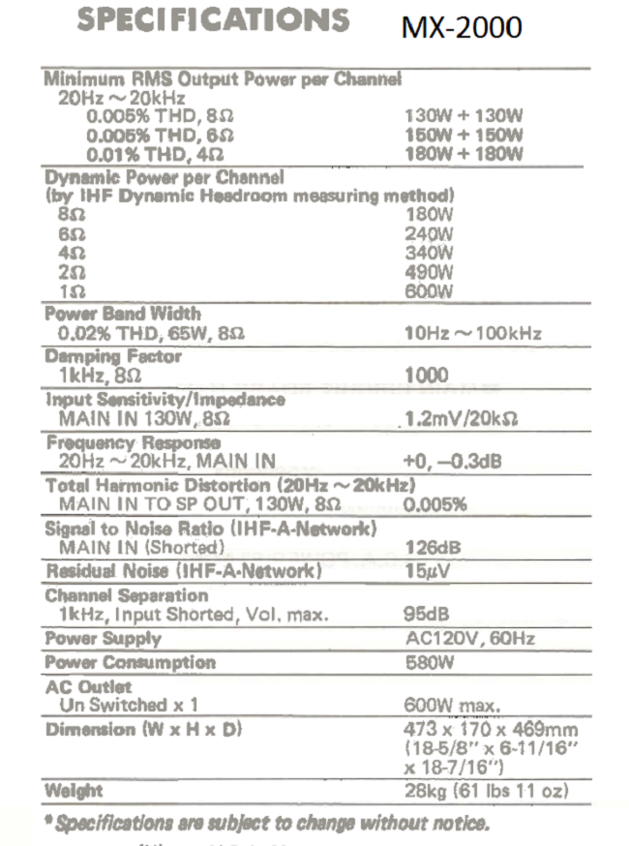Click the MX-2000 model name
point(461,27)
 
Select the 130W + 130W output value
point(464,115)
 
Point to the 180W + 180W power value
point(464,154)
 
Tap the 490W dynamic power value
point(428,272)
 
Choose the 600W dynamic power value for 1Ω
point(428,291)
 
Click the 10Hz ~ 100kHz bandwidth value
point(472,334)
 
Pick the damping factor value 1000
point(426,376)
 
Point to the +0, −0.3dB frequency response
point(452,462)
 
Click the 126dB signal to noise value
point(432,548)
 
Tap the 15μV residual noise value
point(426,571)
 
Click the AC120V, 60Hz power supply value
point(469,639)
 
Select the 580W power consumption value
point(429,663)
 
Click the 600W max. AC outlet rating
point(452,706)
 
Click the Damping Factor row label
point(113,356)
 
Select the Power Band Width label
point(123,314)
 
